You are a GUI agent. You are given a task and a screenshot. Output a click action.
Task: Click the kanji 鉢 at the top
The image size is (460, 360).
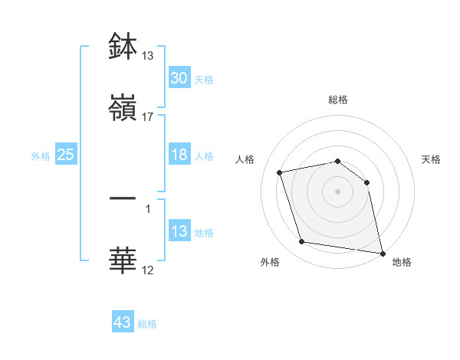coord(123,47)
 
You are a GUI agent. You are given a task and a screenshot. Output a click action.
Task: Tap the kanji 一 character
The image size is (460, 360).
coord(123,198)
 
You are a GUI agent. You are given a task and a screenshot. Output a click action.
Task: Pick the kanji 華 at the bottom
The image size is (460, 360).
coord(123,260)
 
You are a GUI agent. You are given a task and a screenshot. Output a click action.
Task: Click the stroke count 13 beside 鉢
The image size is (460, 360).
coord(148,56)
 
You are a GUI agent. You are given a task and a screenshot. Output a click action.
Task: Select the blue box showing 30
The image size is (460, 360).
coord(179,78)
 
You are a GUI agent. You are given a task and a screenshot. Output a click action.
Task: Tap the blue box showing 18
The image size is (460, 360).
coord(179,155)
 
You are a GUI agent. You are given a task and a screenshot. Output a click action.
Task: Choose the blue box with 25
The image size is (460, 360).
coord(66,155)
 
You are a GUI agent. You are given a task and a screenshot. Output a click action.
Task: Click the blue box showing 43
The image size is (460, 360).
coord(123,322)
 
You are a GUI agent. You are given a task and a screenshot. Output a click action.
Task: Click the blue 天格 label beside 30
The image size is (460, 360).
coord(204,79)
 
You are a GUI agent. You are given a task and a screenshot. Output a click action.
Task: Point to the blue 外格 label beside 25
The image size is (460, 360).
coord(41,155)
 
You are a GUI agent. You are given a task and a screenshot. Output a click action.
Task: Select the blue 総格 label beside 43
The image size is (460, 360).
coord(147,323)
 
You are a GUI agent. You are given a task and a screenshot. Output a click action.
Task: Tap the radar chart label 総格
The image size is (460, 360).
coord(338,100)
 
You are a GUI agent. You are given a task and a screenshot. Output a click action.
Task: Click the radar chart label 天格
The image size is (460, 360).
coord(432,159)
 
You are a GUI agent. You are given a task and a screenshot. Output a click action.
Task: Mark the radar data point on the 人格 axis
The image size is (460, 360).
coord(280,172)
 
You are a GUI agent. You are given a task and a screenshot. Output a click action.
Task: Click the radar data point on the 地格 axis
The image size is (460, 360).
coord(382,252)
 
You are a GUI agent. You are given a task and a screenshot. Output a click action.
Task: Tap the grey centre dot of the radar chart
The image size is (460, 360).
coord(338,191)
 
